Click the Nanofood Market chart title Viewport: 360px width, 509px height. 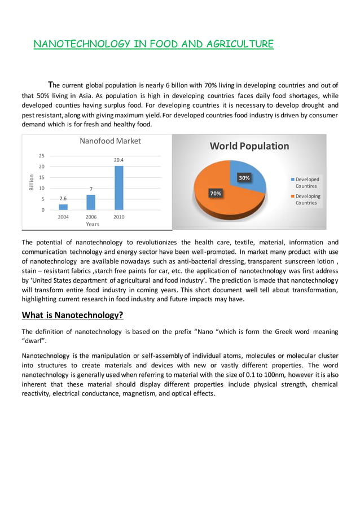click(x=110, y=141)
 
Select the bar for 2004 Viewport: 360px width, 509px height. click(x=63, y=207)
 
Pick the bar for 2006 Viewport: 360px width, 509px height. click(x=91, y=202)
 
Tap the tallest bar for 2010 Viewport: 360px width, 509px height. click(x=118, y=187)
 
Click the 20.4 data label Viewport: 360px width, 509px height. click(x=118, y=160)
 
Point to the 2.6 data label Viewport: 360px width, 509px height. click(x=63, y=199)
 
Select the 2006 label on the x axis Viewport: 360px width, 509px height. click(x=91, y=217)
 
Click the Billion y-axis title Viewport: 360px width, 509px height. click(x=32, y=183)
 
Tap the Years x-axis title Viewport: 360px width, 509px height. click(x=93, y=224)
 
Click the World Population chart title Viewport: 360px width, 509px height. click(x=249, y=146)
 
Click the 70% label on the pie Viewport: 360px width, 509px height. click(x=216, y=194)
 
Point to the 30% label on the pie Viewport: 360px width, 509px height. click(x=244, y=178)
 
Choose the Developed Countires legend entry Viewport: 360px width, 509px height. click(x=306, y=182)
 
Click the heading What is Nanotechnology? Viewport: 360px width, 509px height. click(x=72, y=314)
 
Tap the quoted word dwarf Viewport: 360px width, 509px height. click(x=32, y=341)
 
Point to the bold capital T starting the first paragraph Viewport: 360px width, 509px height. click(x=50, y=84)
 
